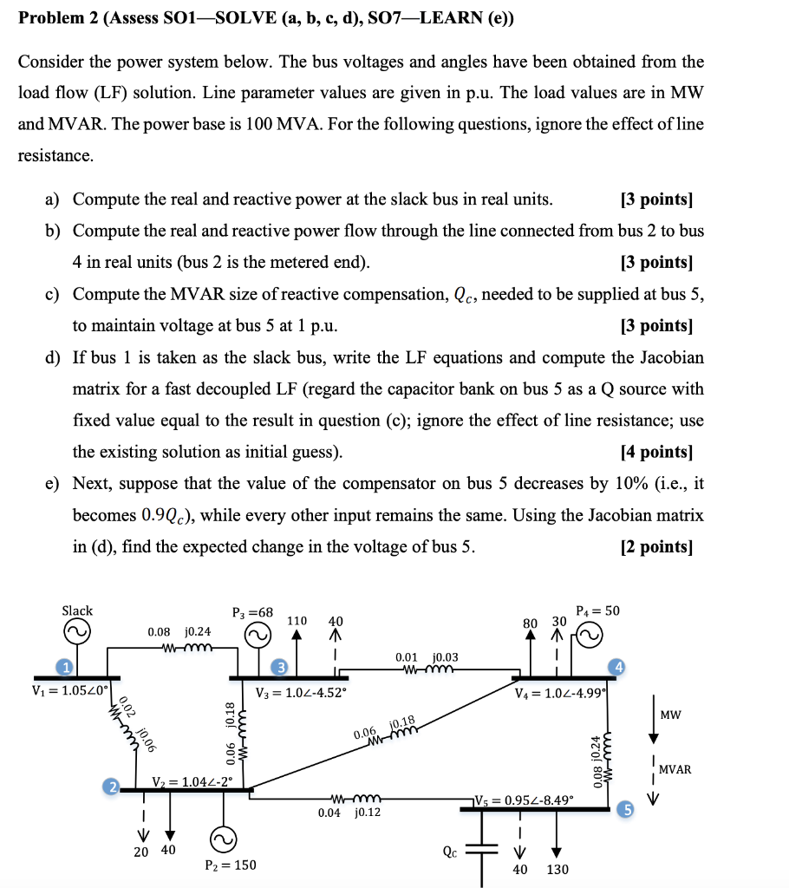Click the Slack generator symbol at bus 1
76,635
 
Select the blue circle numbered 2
110,787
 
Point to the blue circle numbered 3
279,666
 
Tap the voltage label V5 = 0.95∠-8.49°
523,800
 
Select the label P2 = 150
231,865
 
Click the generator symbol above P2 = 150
223,839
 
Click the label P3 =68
252,612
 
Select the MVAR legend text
675,769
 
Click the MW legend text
669,715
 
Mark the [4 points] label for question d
656,452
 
